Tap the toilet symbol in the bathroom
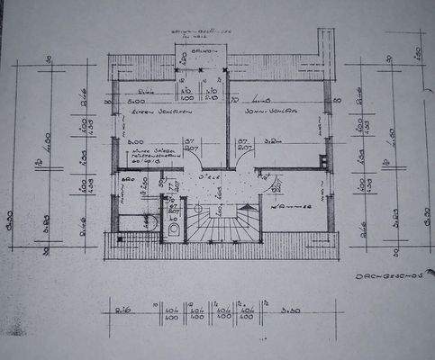click(x=175, y=229)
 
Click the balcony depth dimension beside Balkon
click(x=183, y=61)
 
